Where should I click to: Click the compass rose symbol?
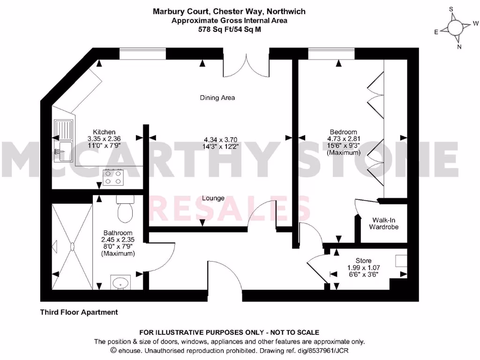point(455,28)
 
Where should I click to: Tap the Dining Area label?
point(217,98)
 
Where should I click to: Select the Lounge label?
point(213,198)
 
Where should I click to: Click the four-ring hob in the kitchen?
point(114,177)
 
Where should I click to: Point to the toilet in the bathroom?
point(126,210)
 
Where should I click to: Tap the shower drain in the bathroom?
point(73,245)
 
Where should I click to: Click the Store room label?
point(363,261)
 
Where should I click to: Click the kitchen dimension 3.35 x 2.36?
point(104,139)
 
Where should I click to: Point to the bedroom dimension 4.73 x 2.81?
point(344,139)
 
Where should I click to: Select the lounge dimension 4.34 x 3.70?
point(220,139)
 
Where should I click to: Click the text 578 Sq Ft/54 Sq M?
point(229,29)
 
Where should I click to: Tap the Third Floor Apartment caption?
point(79,312)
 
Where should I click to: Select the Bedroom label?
point(343,132)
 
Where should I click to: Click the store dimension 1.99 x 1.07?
point(363,268)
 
